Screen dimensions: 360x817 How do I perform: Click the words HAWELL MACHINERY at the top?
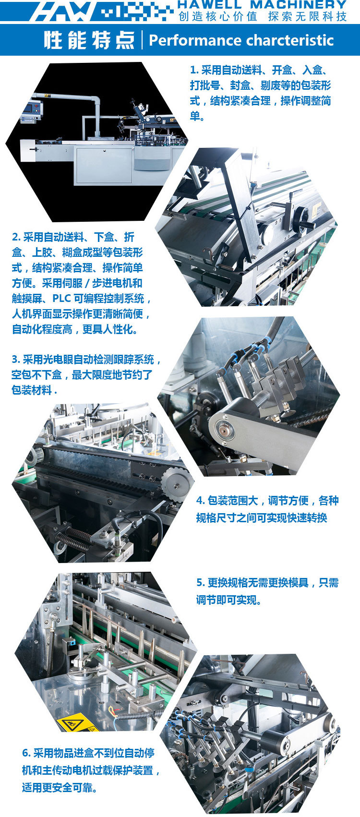[x=262, y=4]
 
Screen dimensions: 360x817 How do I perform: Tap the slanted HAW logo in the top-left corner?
[x=62, y=11]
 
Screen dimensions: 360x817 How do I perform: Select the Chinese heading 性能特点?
[x=89, y=40]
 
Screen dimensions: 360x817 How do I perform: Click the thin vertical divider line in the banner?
[x=142, y=40]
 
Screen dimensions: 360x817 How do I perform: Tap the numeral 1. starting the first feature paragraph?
[x=194, y=70]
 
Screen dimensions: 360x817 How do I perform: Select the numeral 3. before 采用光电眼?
[x=16, y=360]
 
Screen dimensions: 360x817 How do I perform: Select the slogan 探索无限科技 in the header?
[x=307, y=16]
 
